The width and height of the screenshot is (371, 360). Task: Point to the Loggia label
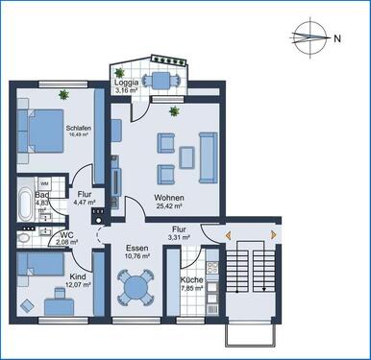130,83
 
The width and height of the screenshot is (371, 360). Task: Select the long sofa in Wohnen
206,152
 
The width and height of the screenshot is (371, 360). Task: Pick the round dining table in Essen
135,287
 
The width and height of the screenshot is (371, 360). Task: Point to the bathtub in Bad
21,201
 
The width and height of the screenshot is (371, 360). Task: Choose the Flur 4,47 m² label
85,197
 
